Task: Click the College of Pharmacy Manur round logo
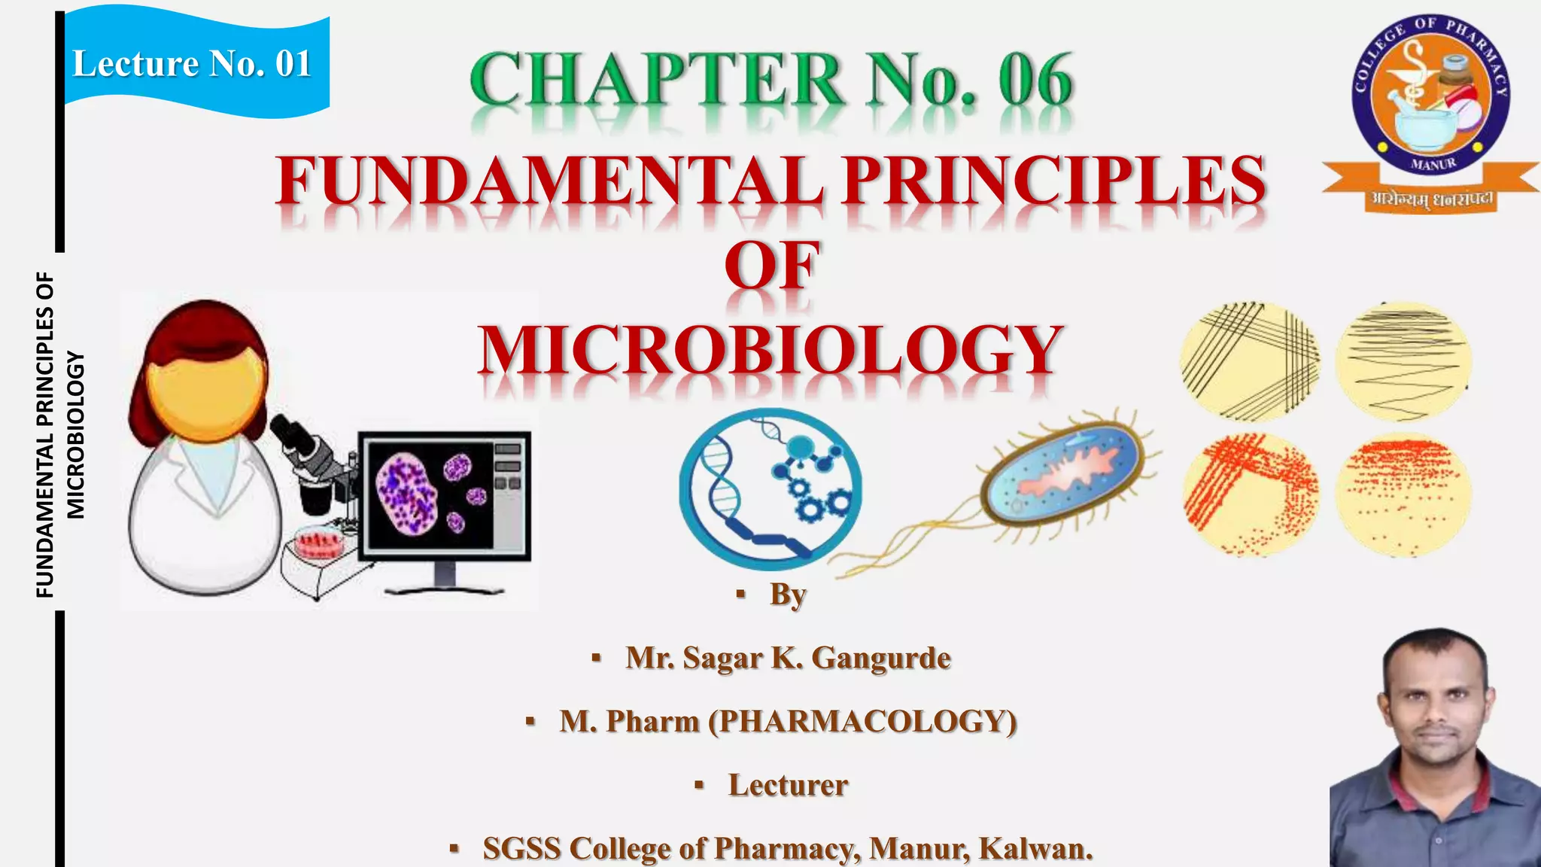pyautogui.click(x=1430, y=94)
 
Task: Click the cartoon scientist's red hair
pyautogui.click(x=203, y=331)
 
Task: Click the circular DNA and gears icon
pyautogui.click(x=770, y=488)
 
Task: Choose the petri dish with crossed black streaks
pyautogui.click(x=1249, y=361)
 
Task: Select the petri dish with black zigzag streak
pyautogui.click(x=1403, y=361)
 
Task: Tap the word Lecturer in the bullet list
pyautogui.click(x=788, y=785)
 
